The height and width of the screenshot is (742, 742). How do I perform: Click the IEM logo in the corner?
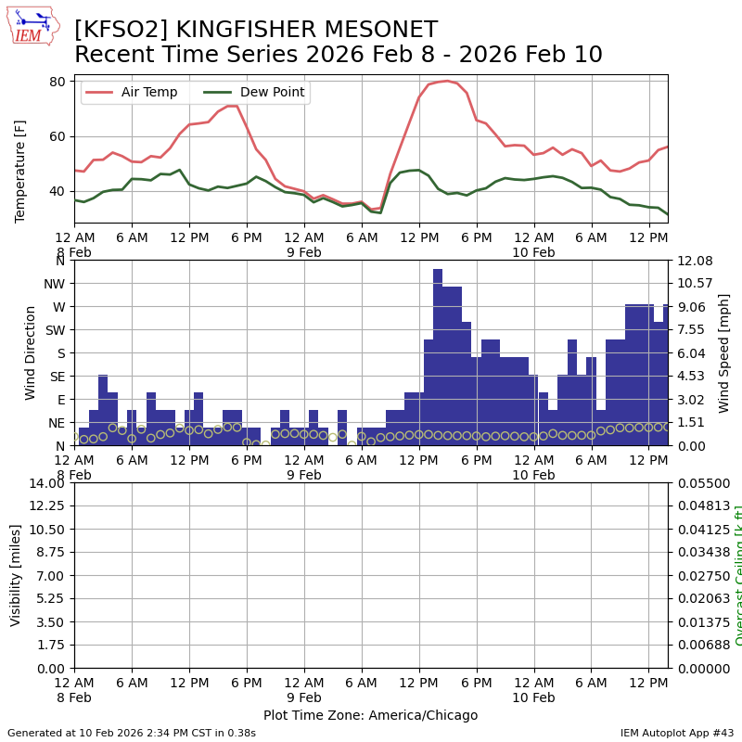pyautogui.click(x=32, y=26)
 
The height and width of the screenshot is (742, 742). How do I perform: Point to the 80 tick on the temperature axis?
pyautogui.click(x=57, y=82)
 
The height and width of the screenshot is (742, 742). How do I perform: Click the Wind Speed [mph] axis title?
pyautogui.click(x=725, y=352)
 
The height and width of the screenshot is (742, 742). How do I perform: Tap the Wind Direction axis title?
pyautogui.click(x=31, y=352)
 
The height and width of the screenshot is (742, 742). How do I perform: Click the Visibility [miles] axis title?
pyautogui.click(x=16, y=575)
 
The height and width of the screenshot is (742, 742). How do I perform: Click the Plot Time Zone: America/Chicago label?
pyautogui.click(x=370, y=716)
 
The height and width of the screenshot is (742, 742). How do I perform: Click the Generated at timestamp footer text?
pyautogui.click(x=132, y=733)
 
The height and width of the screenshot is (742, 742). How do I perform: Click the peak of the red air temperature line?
pyautogui.click(x=447, y=81)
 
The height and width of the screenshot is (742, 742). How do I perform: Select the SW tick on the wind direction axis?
pyautogui.click(x=55, y=330)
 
